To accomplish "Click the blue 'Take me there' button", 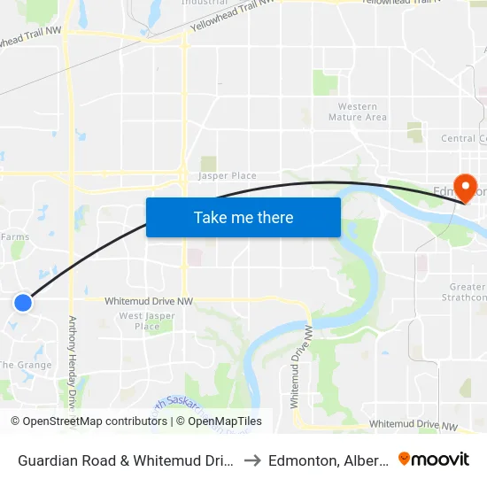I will pyautogui.click(x=243, y=217).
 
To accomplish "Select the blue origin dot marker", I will pyautogui.click(x=23, y=303).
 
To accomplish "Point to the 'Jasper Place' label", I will pyautogui.click(x=228, y=175).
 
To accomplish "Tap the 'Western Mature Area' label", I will pyautogui.click(x=357, y=112).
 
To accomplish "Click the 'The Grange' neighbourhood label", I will pyautogui.click(x=25, y=365).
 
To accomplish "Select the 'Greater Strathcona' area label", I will pyautogui.click(x=468, y=291).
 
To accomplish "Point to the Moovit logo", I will pyautogui.click(x=434, y=459).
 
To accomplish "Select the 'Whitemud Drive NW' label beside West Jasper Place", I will pyautogui.click(x=149, y=301).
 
